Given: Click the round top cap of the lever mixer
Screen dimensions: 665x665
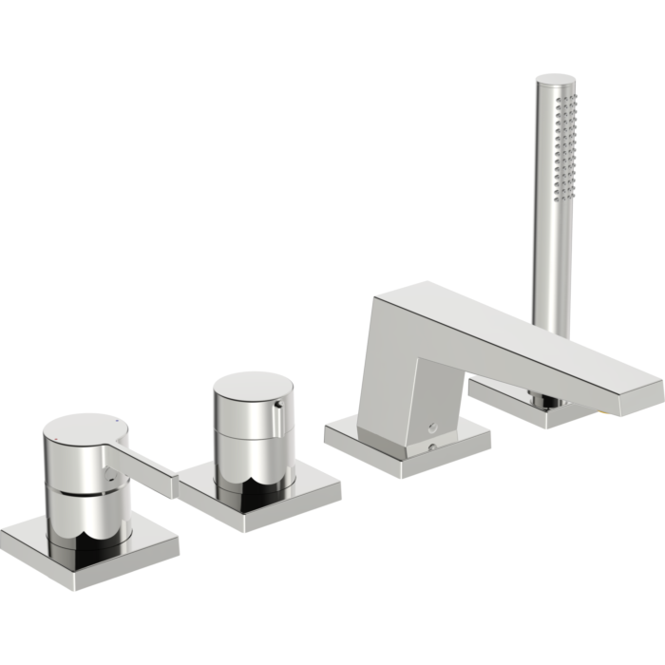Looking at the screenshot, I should [84, 427].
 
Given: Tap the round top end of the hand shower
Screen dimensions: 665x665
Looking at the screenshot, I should [555, 80].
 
